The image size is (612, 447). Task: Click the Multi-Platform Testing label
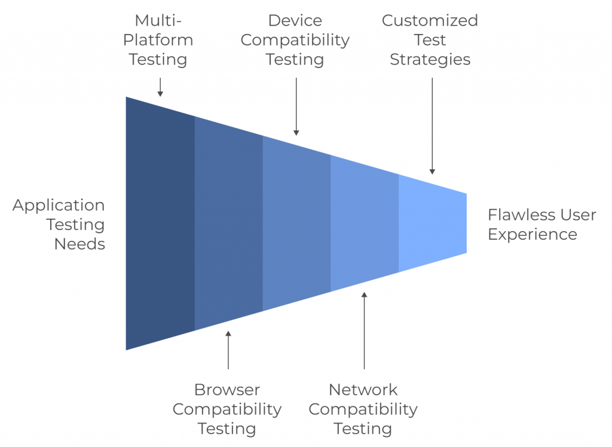click(158, 40)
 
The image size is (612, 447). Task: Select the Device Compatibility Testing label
click(295, 40)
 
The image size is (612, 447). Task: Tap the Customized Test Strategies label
click(430, 40)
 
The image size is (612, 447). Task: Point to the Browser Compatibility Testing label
click(227, 409)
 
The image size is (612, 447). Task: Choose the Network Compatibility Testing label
click(363, 409)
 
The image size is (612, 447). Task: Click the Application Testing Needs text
click(59, 225)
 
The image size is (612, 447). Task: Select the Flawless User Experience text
click(541, 224)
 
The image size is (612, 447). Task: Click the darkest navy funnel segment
click(160, 223)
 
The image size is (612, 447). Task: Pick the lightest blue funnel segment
click(432, 223)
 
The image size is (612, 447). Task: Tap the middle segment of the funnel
click(296, 223)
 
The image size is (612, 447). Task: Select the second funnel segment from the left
click(228, 223)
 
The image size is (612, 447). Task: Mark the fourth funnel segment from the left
click(365, 223)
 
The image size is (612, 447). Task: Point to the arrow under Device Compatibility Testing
click(296, 108)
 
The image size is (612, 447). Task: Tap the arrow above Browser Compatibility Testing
click(228, 350)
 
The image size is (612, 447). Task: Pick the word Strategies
click(430, 60)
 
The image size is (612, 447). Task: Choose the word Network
click(363, 390)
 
